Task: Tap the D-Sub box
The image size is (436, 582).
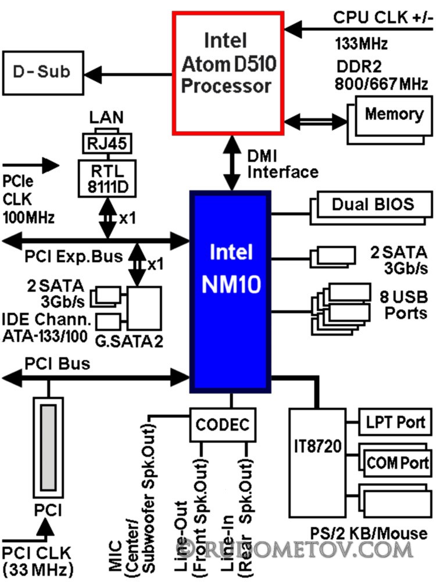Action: (x=41, y=72)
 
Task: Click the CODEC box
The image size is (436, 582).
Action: (x=223, y=423)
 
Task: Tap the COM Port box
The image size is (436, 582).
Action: (x=398, y=463)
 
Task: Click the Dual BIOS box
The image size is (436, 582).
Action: (x=373, y=204)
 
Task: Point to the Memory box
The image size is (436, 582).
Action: (x=394, y=113)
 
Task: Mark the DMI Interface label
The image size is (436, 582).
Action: (x=283, y=164)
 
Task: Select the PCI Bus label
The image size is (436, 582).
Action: (x=57, y=364)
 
